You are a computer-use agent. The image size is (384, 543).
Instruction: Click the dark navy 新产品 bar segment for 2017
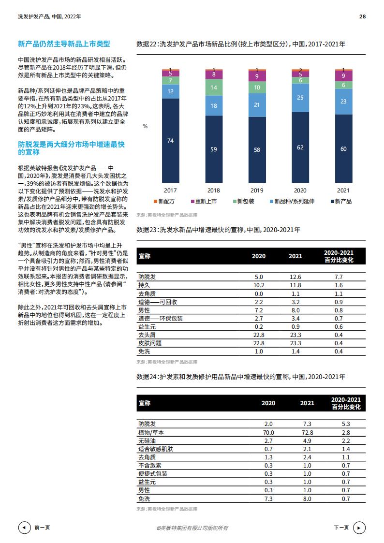[170, 140]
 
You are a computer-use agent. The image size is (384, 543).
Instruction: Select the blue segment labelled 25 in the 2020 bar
[300, 98]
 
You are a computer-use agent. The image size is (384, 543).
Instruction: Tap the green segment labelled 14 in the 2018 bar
[213, 88]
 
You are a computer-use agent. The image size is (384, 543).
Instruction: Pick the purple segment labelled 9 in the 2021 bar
[343, 75]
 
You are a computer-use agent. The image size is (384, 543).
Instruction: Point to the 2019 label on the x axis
[257, 191]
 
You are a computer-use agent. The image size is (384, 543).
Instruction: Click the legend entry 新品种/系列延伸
[294, 202]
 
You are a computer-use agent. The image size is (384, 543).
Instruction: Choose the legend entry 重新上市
[210, 202]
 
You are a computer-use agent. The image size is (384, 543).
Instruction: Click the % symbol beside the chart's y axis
[145, 126]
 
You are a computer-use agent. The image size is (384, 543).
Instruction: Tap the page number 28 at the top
[362, 16]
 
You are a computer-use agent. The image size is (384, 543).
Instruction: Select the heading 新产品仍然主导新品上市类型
[64, 44]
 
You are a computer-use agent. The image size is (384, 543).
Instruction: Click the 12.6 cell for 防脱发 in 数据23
[295, 277]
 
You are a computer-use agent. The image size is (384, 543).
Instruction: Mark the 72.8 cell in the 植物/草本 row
[307, 432]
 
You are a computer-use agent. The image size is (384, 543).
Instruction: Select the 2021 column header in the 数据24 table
[307, 403]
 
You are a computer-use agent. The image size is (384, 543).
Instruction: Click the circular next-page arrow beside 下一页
[359, 528]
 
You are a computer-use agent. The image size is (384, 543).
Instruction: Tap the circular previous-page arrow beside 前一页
[24, 528]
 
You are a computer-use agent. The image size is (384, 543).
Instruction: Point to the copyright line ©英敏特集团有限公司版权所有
[192, 528]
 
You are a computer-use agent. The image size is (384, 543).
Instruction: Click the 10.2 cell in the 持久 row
[259, 285]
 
